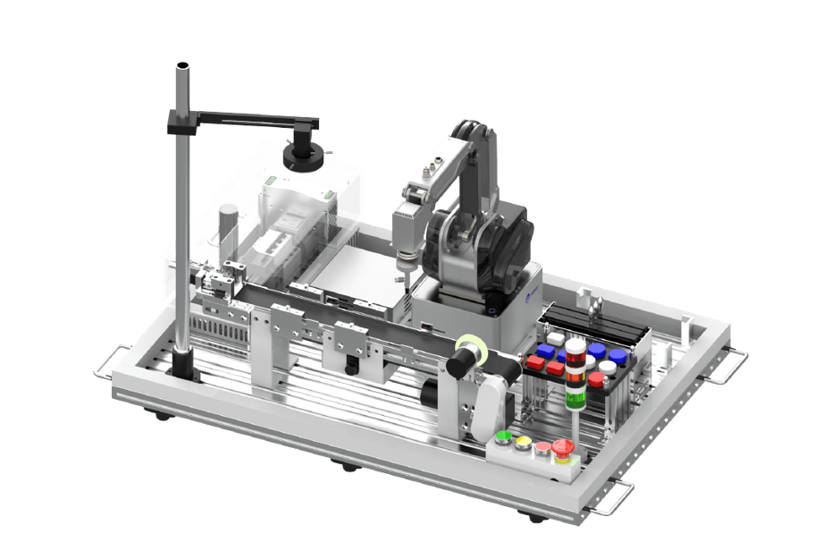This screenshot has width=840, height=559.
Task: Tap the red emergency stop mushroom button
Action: click(562, 446)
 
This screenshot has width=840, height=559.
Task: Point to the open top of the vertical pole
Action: click(182, 67)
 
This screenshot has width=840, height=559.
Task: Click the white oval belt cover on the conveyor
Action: click(491, 400)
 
